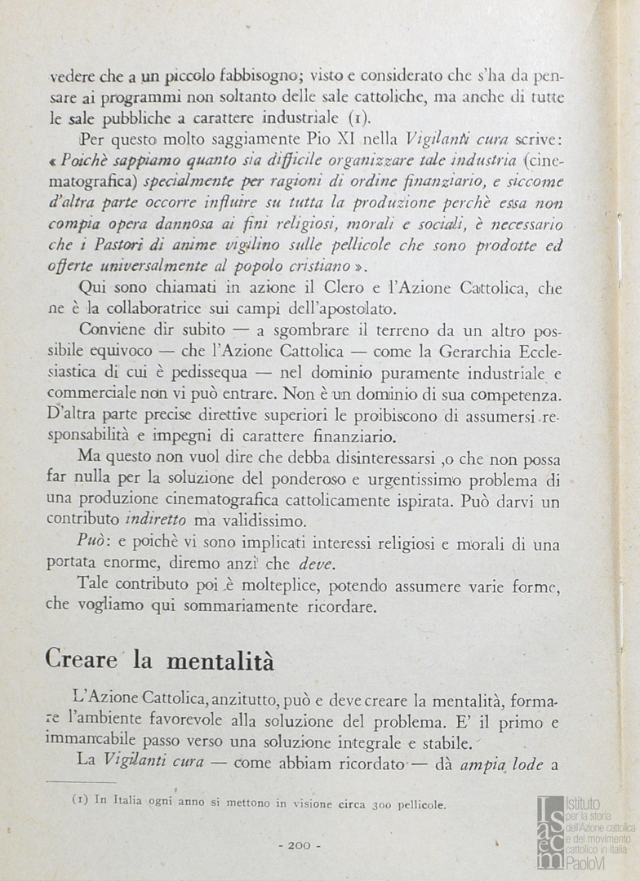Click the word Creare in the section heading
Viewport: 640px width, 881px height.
click(x=82, y=659)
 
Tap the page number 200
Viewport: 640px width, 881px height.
click(x=299, y=845)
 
